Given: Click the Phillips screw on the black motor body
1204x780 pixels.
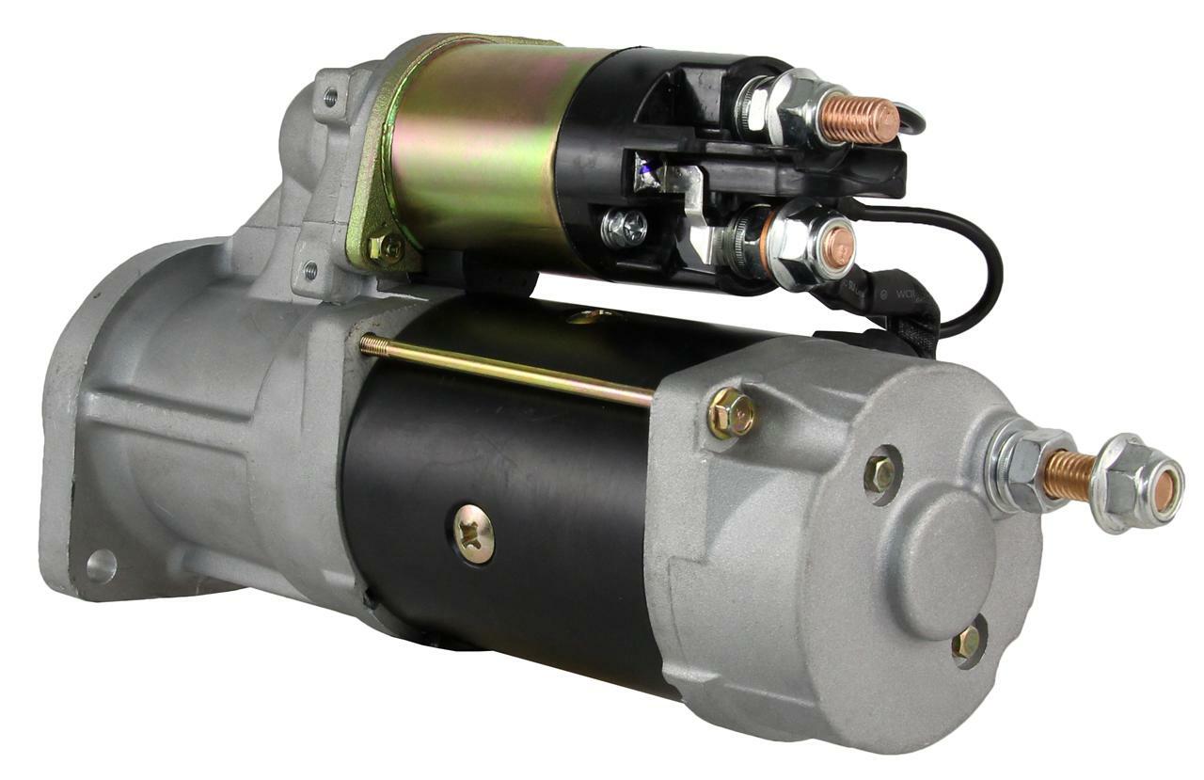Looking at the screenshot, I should point(474,533).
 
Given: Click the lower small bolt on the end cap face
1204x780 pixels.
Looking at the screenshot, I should point(965,644).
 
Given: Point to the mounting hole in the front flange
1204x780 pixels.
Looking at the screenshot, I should point(101,565).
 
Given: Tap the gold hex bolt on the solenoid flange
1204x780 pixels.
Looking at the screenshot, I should point(385,248).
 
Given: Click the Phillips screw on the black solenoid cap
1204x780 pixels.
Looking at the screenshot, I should point(625,228).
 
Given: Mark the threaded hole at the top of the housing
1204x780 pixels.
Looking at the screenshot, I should point(329,97).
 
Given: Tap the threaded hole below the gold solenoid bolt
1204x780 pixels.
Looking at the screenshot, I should point(309,273).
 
